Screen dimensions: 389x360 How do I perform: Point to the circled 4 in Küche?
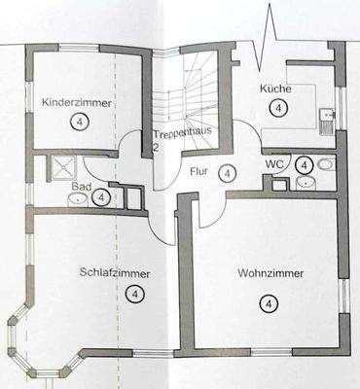coord(280,109)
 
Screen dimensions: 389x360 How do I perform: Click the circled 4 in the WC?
coord(305,163)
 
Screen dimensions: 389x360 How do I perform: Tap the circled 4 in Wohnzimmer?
coord(267,304)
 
